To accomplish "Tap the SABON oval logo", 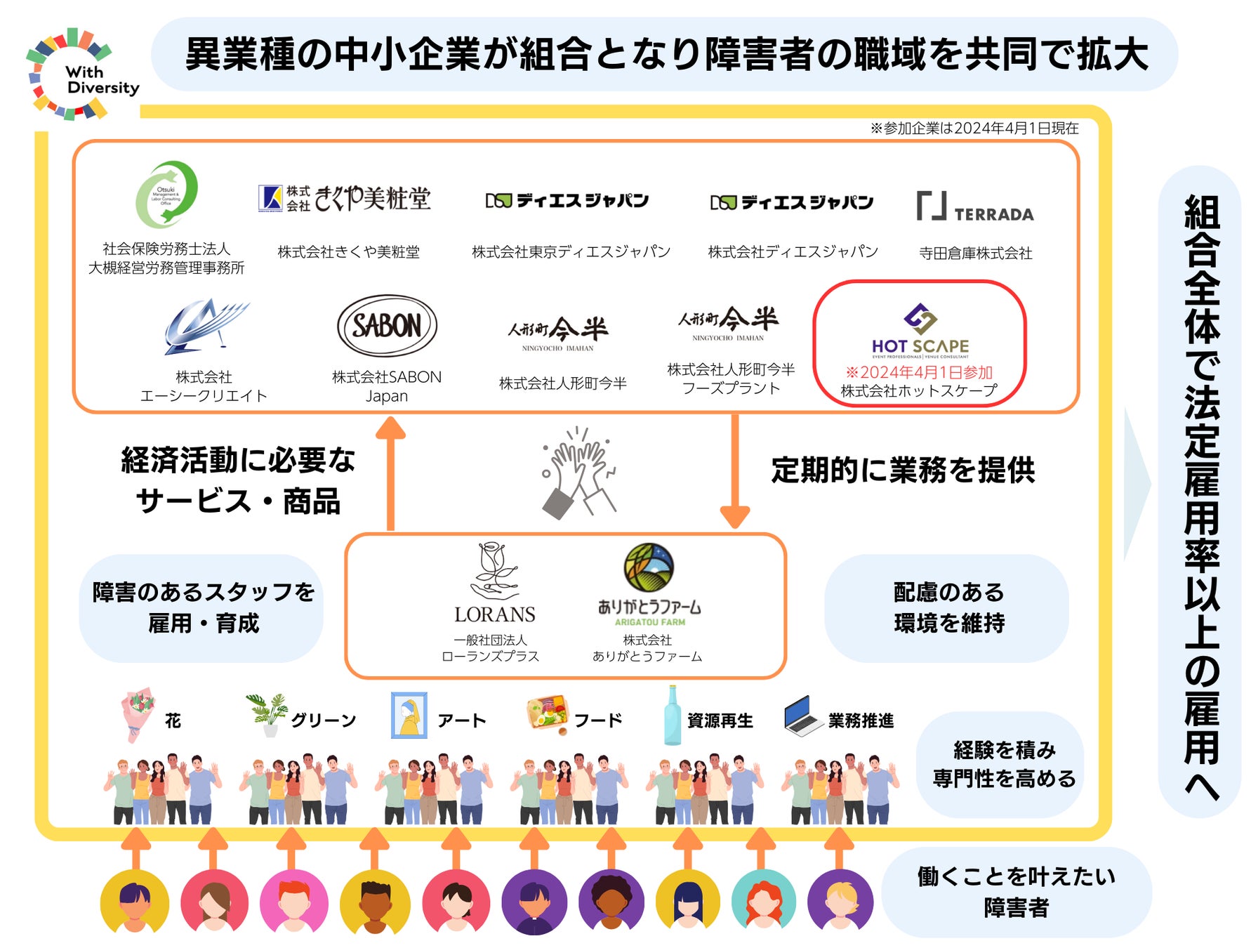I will tap(387, 326).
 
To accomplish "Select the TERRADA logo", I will tap(974, 207).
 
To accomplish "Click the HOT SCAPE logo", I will tap(920, 330).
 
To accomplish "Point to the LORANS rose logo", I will tap(494, 583).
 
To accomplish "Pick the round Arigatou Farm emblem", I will tap(649, 567).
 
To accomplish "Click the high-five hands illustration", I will tap(579, 472).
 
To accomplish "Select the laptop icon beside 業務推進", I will tap(803, 716).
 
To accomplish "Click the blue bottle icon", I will tap(672, 715).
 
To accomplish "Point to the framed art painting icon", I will tap(409, 715).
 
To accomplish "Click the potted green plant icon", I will tap(267, 713).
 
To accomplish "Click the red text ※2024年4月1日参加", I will tap(919, 372).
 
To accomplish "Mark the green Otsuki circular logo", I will tap(166, 195).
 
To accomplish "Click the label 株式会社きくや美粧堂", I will tap(348, 251).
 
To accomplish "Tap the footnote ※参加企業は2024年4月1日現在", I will tap(974, 128).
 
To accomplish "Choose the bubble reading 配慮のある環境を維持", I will tap(948, 607).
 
